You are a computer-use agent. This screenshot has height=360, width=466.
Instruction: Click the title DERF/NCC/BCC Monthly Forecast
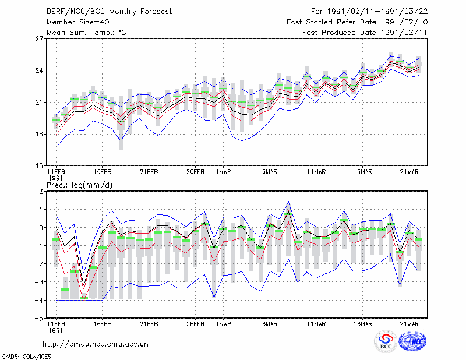(x=109, y=12)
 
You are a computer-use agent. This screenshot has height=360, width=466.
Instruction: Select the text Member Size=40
(x=78, y=22)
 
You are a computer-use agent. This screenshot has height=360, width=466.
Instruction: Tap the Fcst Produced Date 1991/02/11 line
(x=365, y=33)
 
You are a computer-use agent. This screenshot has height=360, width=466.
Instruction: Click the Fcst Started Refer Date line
(x=357, y=22)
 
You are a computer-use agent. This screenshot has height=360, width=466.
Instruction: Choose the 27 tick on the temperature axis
(x=39, y=39)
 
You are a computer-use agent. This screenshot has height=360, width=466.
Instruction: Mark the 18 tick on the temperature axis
(x=39, y=134)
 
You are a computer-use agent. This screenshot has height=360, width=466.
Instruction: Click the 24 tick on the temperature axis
(x=39, y=70)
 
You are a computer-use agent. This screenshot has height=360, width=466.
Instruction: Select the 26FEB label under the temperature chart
(x=195, y=172)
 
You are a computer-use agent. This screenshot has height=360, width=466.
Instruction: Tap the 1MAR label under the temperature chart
(x=224, y=172)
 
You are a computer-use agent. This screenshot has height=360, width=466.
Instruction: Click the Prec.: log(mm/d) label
(x=79, y=185)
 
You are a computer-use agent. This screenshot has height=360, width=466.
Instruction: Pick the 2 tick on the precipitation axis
(x=41, y=192)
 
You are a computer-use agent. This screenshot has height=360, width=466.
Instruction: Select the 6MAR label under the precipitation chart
(x=270, y=324)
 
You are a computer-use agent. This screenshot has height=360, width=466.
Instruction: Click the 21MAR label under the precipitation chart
(x=409, y=324)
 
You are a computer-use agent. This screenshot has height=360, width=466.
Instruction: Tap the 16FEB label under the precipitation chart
(x=103, y=324)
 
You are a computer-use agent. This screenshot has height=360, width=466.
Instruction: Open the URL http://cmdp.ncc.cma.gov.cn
(x=96, y=344)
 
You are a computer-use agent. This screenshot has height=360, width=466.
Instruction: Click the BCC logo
(x=386, y=341)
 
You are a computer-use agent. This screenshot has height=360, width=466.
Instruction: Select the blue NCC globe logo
(x=412, y=341)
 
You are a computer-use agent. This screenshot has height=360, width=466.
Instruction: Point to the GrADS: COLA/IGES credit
(x=27, y=357)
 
